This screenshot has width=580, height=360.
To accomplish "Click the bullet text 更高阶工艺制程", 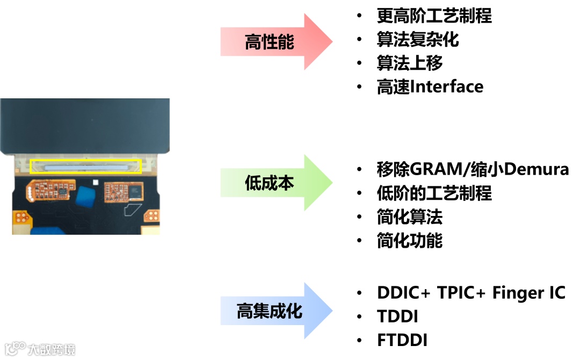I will point(434,16).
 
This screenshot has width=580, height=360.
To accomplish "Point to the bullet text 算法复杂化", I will point(418,40).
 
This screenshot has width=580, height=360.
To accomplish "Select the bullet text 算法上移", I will point(410,63).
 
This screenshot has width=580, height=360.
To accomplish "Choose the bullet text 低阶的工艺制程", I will point(434,193).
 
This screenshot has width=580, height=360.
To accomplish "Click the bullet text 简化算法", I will point(410,217).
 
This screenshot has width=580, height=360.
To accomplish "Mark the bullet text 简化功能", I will point(410,241).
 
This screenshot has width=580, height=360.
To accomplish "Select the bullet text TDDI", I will point(397,316).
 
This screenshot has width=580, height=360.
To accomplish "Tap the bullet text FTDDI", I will point(402,340).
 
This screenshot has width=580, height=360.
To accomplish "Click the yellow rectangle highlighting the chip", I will point(86,166).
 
